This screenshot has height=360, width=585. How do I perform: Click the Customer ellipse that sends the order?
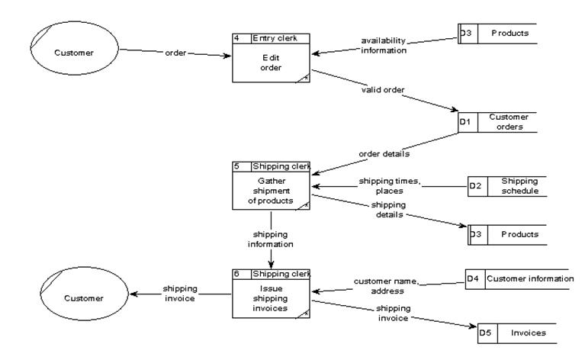tap(74, 53)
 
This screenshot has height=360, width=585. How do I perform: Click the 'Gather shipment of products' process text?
tap(271, 191)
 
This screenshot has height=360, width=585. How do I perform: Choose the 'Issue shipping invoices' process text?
tap(272, 297)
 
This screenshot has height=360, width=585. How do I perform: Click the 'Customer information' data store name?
tap(529, 278)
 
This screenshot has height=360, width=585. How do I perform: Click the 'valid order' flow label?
tap(383, 90)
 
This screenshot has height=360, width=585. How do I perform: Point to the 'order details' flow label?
tap(384, 154)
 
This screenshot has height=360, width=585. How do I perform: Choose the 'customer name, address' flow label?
tap(387, 286)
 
